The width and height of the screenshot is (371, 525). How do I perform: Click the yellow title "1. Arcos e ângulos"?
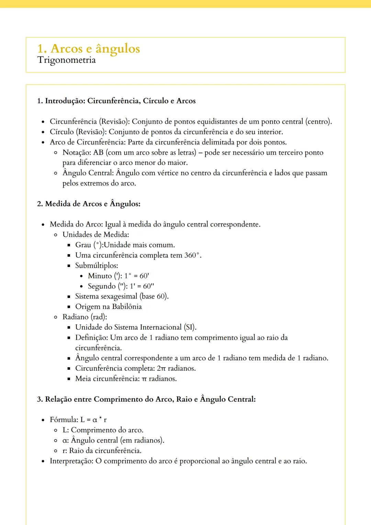(88, 48)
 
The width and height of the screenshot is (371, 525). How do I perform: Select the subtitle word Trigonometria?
(66, 60)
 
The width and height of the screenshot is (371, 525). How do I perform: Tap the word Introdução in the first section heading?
(65, 101)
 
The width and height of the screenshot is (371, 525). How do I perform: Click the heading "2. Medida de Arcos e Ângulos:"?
(89, 204)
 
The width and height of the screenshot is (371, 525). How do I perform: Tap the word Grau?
(83, 245)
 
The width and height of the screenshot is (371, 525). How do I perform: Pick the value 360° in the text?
(192, 255)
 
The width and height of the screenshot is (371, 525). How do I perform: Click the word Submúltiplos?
(96, 266)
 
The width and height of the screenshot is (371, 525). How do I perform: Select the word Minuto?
(100, 276)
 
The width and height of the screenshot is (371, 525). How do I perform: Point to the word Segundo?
(102, 286)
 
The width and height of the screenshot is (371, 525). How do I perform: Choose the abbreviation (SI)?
(190, 327)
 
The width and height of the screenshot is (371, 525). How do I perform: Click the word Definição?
(91, 338)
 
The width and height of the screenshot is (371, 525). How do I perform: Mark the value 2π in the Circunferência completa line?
(161, 369)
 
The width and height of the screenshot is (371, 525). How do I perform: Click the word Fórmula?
(64, 420)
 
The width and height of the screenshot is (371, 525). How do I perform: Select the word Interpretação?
(71, 461)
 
